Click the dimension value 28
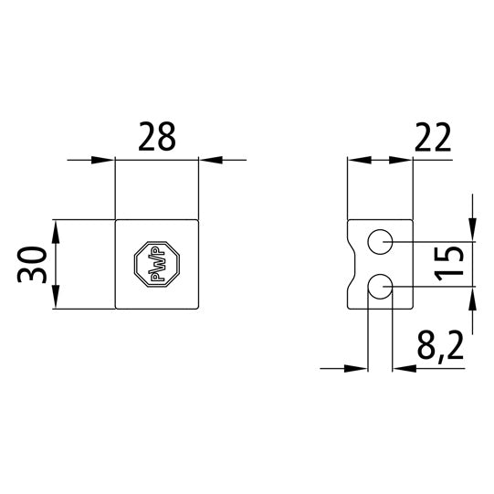tap(156, 138)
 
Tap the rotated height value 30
tap(34, 265)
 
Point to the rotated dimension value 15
tap(451, 265)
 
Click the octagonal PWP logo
tap(156, 266)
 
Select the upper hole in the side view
tap(380, 242)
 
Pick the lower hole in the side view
tap(380, 289)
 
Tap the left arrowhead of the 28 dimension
tap(105, 161)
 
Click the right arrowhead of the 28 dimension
tap(209, 161)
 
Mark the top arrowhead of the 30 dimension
tap(56, 230)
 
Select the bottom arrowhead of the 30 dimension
tap(56, 300)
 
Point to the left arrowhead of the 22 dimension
tap(359, 161)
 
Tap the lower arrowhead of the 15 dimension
tap(472, 300)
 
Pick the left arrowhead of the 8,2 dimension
tap(358, 369)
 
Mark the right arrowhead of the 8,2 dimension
tap(403, 369)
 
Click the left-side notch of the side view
tap(352, 266)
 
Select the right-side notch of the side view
tap(409, 266)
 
